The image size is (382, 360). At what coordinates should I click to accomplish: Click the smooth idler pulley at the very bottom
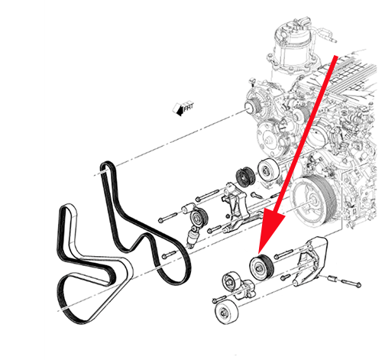pyautogui.click(x=226, y=311)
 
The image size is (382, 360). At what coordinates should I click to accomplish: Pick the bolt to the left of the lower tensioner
pyautogui.click(x=215, y=299)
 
